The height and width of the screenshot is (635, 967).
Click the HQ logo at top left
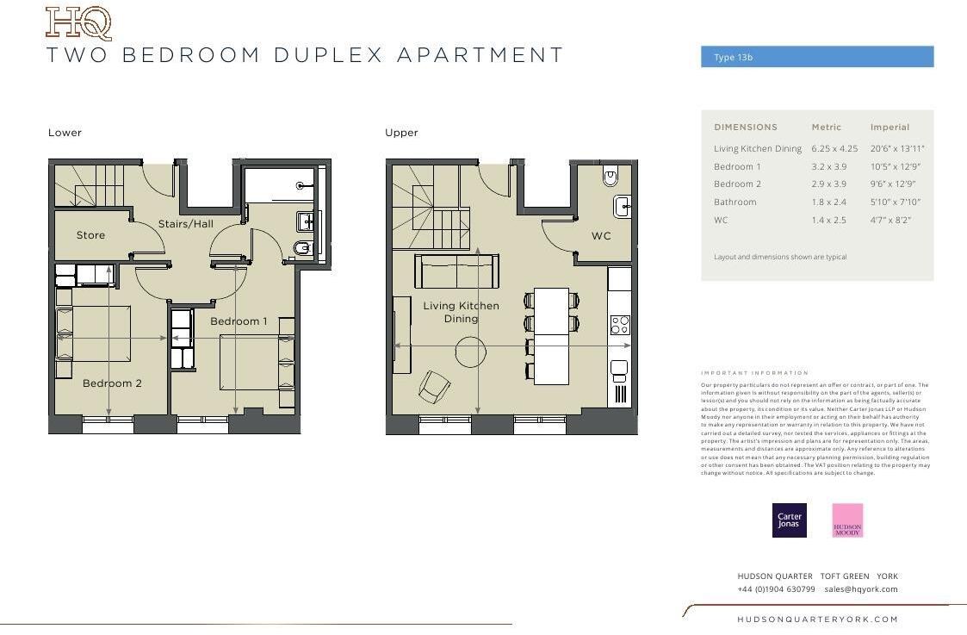78,23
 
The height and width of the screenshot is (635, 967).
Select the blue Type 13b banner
816,57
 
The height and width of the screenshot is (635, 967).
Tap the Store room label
90,235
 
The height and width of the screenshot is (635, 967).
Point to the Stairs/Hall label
185,224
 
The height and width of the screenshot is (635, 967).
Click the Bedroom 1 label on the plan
239,321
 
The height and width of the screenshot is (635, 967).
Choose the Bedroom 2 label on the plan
112,383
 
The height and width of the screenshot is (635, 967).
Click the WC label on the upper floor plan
600,236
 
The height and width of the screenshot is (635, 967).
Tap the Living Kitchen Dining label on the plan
461,312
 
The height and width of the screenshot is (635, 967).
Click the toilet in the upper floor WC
611,177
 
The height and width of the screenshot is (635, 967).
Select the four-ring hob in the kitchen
619,325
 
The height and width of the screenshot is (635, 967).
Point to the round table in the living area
470,352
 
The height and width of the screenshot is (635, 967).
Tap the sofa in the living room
456,271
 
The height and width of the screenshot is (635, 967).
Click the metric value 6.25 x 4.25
834,149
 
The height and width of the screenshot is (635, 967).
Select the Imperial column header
890,128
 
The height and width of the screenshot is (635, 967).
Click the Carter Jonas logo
789,520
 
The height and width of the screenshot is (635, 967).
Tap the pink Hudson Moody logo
847,520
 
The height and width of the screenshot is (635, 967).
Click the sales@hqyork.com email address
860,589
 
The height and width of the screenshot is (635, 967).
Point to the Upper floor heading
401,133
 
